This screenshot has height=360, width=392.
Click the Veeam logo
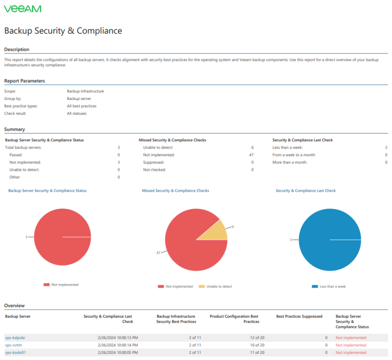coord(22,9)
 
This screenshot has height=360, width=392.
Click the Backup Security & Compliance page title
coord(63,31)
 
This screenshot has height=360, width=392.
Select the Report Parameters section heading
coord(24,81)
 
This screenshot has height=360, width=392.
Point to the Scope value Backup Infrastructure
coord(85,91)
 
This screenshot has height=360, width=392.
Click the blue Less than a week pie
coord(329,240)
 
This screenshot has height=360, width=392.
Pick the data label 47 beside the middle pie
coord(159,252)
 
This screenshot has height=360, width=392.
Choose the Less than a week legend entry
coord(332,287)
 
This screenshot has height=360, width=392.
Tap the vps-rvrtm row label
coord(14,345)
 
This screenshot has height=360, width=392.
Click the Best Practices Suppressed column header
coord(299,316)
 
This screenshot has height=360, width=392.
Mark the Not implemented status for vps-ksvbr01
coord(351,352)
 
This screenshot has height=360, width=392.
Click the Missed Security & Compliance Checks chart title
coord(176,191)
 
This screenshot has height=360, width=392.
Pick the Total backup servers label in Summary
coord(23,147)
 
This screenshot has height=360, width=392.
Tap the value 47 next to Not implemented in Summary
coord(251,155)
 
